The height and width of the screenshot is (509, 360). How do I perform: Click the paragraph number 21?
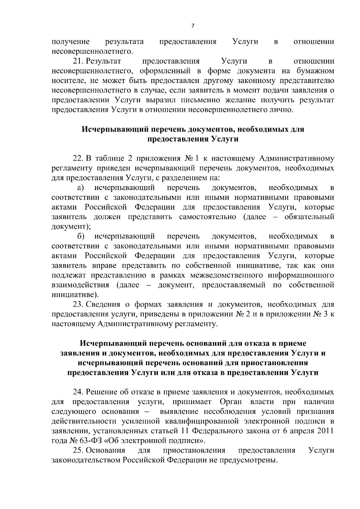pos(78,61)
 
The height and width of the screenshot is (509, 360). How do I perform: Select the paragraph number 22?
pos(78,158)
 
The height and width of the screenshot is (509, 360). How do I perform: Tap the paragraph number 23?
pos(78,305)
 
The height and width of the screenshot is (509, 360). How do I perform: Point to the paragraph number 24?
pos(78,392)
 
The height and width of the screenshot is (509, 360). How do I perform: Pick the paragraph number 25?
pos(78,451)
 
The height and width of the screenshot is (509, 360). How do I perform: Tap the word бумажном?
pos(315,71)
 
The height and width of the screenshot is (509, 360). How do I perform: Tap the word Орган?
pos(231,402)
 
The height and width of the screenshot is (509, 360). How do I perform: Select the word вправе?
pos(106,266)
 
